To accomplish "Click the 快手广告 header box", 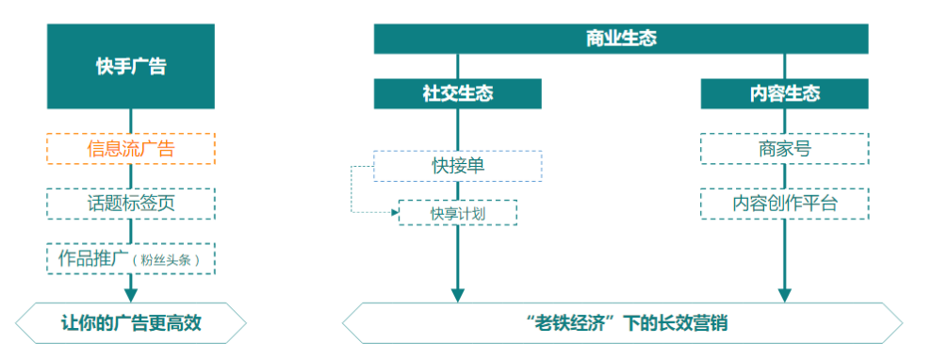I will click(131, 66).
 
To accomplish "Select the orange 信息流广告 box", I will click(131, 149).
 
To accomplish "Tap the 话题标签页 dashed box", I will click(131, 203).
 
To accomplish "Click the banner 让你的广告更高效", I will click(131, 324).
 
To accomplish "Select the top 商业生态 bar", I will click(621, 39).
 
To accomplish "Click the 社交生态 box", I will click(458, 93).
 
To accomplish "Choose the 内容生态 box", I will click(784, 93).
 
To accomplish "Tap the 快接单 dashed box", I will click(458, 166).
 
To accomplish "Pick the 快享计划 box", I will click(458, 213).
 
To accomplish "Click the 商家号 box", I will click(784, 149).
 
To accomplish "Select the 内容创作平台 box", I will click(784, 203).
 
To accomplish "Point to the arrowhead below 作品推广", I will click(131, 293).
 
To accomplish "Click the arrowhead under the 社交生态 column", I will click(458, 294).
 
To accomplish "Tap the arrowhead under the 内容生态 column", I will click(784, 294).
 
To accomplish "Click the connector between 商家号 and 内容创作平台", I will click(784, 176).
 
